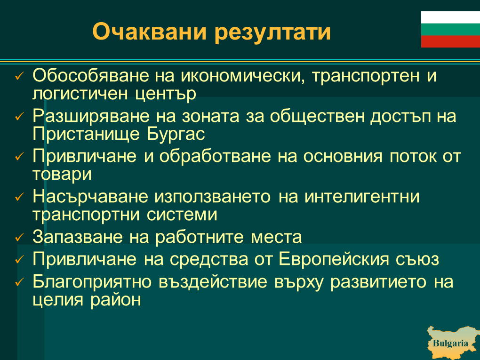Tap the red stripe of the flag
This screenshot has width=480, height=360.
click(x=451, y=41)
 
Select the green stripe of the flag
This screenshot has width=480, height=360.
click(x=451, y=29)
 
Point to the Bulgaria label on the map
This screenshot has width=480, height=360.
click(x=450, y=343)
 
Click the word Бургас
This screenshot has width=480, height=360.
click(x=176, y=135)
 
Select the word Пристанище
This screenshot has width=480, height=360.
click(x=86, y=135)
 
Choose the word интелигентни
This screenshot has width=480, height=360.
click(x=362, y=196)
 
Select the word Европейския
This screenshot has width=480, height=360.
click(x=334, y=259)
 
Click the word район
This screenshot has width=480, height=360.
click(x=116, y=300)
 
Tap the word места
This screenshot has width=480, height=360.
click(x=276, y=238)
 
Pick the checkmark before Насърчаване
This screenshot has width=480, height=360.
click(x=19, y=197)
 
